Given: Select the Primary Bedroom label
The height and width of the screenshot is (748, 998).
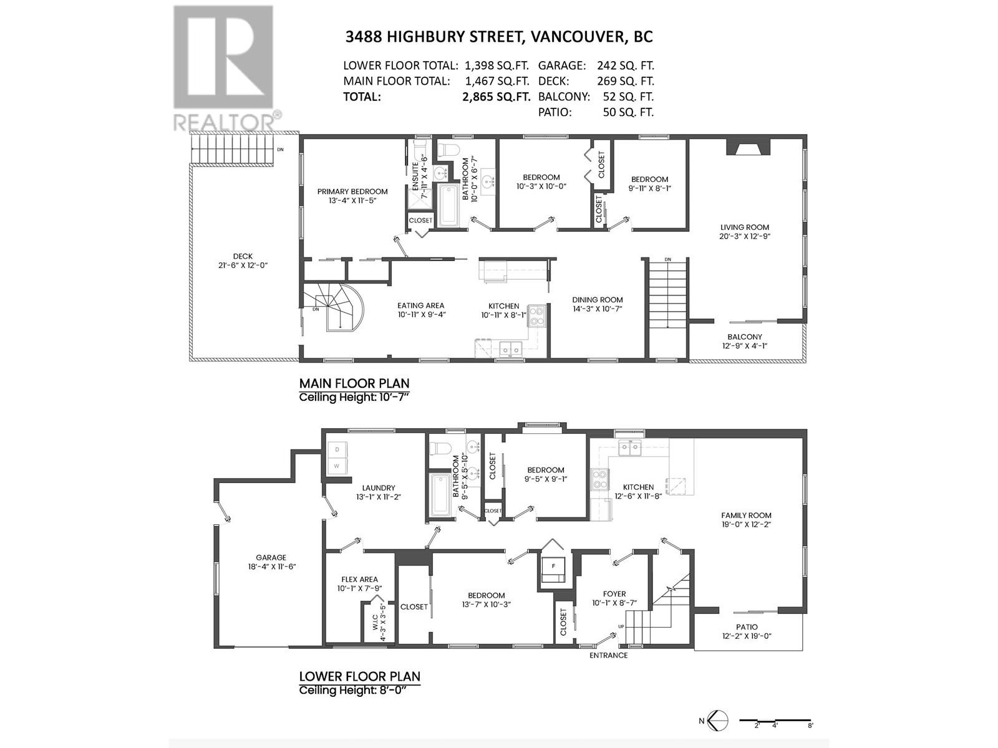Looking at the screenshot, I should tap(352, 192).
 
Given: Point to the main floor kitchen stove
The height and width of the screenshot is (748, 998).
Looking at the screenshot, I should tap(536, 316).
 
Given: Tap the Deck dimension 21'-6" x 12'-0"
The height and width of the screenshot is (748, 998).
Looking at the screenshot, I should tap(243, 265).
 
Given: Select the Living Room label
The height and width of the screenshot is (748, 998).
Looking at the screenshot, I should tap(745, 228).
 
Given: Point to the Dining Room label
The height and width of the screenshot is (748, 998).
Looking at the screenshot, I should tap(598, 300).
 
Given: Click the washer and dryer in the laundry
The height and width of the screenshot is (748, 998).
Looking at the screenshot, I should tap(337, 458).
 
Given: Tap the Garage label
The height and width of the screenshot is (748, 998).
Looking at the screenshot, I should tap(271, 558).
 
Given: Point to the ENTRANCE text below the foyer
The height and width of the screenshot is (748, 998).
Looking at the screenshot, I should tap(609, 655).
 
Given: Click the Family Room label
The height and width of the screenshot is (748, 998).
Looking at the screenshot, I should tap(746, 515).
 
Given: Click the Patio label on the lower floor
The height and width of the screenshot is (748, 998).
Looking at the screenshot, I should tap(747, 627).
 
